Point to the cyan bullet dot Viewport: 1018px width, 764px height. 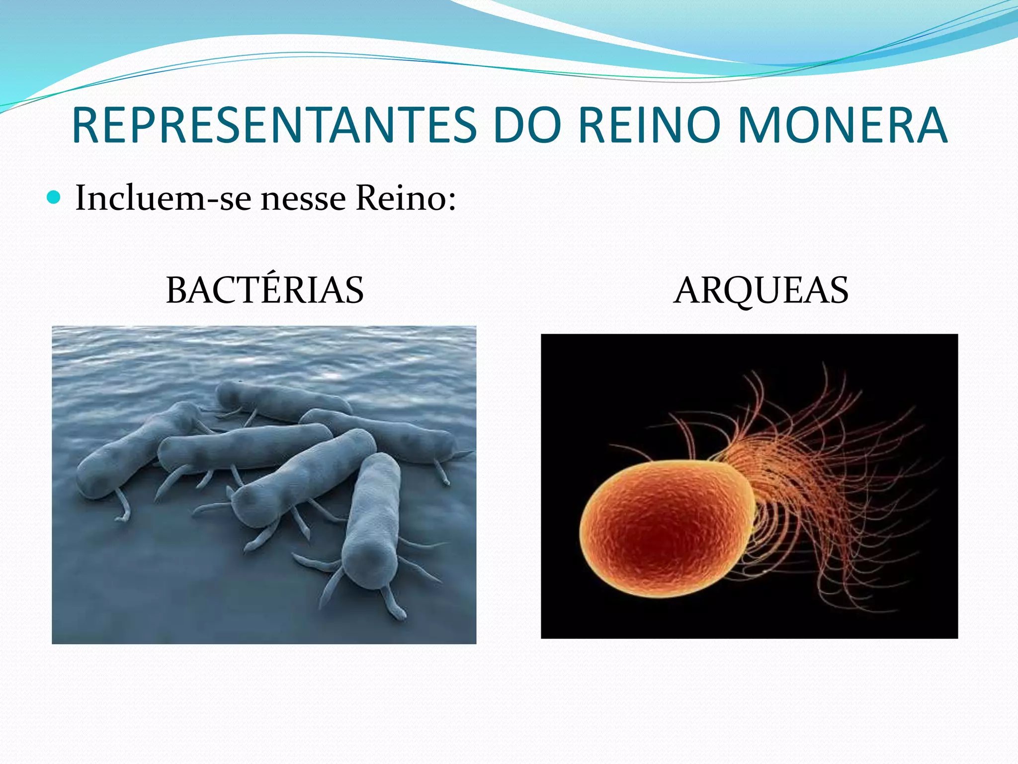point(53,197)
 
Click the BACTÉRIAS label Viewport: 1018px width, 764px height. point(264,290)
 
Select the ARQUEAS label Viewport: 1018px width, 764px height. point(761,290)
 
